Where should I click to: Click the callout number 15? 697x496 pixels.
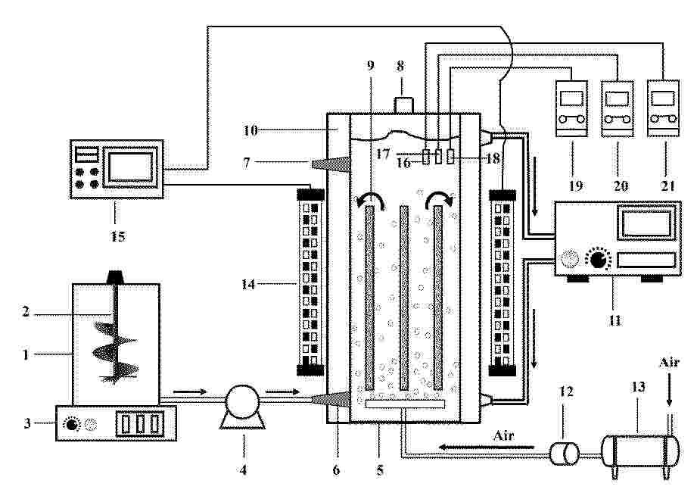tap(118, 236)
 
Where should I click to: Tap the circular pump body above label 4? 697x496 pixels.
tap(242, 402)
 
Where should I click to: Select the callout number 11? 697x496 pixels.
tap(615, 320)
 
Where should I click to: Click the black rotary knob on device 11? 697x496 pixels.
tap(598, 260)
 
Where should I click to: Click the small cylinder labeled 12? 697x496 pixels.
tap(565, 454)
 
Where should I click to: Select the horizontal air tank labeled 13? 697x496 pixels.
tap(640, 451)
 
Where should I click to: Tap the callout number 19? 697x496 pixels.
tap(576, 186)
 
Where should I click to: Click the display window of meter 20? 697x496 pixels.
tap(617, 98)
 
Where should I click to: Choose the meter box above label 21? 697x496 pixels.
tap(663, 108)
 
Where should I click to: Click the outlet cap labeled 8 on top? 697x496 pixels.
tap(403, 105)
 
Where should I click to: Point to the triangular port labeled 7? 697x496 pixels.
tap(331, 165)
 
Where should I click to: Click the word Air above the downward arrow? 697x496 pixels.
tap(669, 363)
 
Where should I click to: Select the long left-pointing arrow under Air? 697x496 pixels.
tap(487, 447)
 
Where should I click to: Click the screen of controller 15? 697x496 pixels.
tap(131, 167)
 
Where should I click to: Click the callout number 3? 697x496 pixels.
tap(27, 423)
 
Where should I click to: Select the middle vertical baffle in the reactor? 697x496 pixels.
tap(404, 297)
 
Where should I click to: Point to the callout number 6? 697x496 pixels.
tap(337, 469)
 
